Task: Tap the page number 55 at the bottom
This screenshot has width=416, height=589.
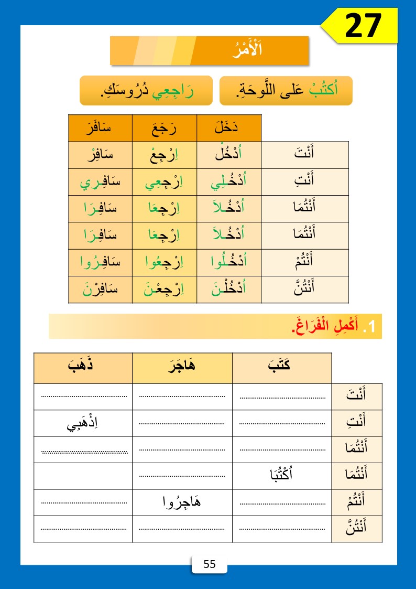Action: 209,564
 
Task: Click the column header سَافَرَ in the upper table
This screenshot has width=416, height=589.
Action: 100,127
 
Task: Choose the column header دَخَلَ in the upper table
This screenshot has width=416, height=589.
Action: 228,127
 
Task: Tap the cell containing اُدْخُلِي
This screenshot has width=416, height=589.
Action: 228,182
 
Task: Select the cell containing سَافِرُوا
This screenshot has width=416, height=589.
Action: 100,262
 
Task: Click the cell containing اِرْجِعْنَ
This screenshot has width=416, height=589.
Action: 164,290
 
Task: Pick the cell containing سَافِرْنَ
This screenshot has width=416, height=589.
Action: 100,290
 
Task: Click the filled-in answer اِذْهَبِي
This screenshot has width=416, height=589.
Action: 83,423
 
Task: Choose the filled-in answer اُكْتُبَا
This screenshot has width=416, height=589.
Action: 282,476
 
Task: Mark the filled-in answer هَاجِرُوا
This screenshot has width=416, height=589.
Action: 182,502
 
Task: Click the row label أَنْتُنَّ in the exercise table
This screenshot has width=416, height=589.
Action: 357,529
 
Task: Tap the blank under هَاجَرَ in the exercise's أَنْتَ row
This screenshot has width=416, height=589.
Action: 182,397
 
